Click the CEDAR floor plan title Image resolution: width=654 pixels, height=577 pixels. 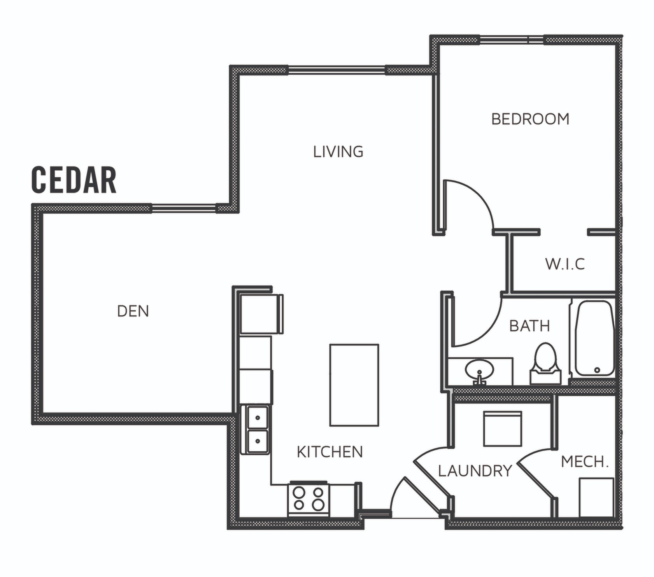pyautogui.click(x=74, y=180)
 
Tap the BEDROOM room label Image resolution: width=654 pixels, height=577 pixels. pyautogui.click(x=530, y=119)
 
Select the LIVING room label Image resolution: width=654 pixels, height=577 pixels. pyautogui.click(x=338, y=152)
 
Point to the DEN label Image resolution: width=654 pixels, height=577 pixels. pyautogui.click(x=133, y=311)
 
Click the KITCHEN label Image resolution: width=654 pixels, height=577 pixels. pyautogui.click(x=330, y=452)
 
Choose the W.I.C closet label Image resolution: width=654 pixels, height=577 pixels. pyautogui.click(x=565, y=264)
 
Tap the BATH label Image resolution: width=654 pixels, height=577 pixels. pyautogui.click(x=530, y=326)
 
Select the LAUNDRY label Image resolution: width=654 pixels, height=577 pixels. pyautogui.click(x=475, y=471)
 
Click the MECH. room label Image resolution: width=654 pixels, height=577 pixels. pyautogui.click(x=585, y=462)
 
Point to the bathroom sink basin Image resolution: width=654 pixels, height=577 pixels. pyautogui.click(x=479, y=368)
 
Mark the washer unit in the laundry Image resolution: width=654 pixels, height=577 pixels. pyautogui.click(x=502, y=428)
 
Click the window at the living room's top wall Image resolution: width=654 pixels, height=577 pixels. pyautogui.click(x=337, y=70)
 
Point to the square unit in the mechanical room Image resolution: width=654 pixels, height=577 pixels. pyautogui.click(x=596, y=497)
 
